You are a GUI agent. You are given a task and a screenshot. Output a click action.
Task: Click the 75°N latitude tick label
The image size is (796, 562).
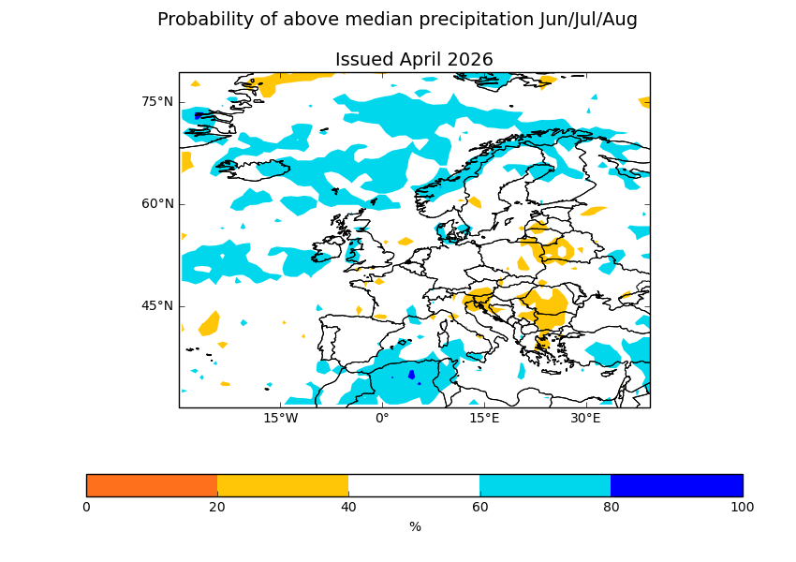point(157,101)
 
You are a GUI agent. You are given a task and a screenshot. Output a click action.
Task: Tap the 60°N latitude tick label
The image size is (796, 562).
point(157,203)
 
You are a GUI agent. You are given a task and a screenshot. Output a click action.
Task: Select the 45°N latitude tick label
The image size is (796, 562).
point(157,305)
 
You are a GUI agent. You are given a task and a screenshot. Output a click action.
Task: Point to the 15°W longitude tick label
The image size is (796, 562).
point(280,418)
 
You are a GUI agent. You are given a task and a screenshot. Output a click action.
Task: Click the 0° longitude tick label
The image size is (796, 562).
point(382,418)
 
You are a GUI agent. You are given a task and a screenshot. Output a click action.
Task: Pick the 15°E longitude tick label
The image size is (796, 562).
point(484,418)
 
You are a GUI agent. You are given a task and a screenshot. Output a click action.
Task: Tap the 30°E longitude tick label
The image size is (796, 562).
point(585,418)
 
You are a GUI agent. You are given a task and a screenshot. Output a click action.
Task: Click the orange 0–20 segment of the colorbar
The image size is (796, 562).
point(152,485)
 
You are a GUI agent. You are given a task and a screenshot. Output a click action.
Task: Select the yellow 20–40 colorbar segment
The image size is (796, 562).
point(283,485)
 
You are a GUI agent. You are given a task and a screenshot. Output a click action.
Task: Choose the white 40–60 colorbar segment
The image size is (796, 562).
point(414,485)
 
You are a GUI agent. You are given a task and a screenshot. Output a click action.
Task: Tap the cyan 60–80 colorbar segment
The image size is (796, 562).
point(545,485)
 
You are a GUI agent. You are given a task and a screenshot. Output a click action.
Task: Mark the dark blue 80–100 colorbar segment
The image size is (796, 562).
point(676,485)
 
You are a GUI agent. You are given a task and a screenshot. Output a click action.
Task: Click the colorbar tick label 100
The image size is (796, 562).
point(742,508)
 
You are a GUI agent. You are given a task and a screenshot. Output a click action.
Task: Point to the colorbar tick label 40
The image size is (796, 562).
point(348,508)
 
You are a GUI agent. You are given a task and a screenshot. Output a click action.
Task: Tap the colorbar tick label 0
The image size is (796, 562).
point(86,508)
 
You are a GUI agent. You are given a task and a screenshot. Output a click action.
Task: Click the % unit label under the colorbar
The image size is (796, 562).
point(415,527)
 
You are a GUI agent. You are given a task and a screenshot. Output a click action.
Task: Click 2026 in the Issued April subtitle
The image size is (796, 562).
point(470,60)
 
